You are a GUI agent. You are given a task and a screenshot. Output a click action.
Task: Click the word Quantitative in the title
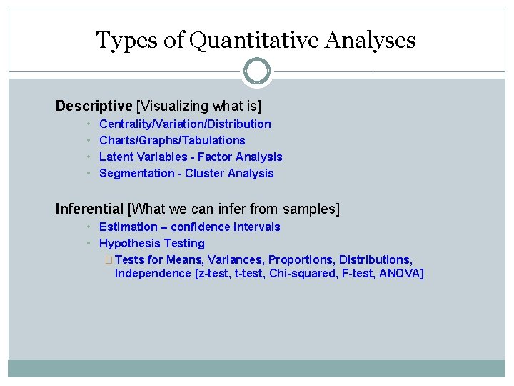[x=254, y=40]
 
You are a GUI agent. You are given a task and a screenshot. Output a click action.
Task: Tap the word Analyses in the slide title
[x=369, y=40]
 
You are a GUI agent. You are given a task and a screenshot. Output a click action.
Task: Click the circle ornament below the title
[x=257, y=71]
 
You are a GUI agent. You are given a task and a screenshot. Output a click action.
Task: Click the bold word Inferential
[x=89, y=209]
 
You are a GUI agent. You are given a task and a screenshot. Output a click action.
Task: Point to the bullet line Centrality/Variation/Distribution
[x=185, y=124]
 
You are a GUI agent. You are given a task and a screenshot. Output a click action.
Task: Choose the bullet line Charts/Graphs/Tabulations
[x=172, y=140]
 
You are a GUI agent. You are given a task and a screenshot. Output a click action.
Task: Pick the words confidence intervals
[x=226, y=227]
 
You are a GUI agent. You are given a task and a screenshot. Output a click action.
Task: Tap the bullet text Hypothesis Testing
[x=152, y=243]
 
